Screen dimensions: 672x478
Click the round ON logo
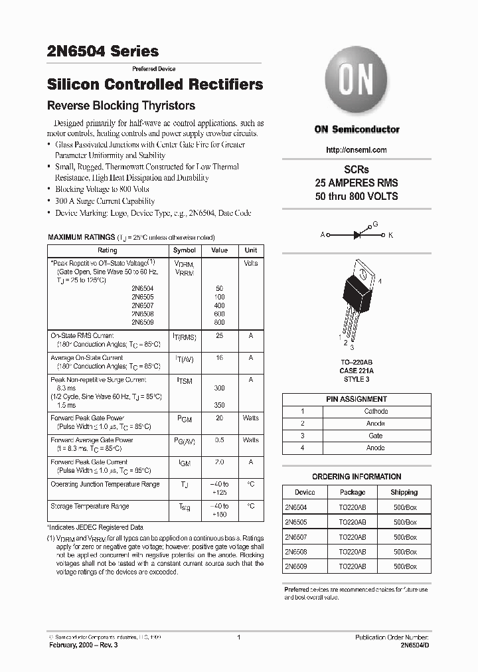[x=357, y=82]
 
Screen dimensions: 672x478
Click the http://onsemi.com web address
[x=357, y=150]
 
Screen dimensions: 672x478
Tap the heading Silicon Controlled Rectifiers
[x=155, y=84]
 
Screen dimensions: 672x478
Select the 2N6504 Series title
[x=103, y=51]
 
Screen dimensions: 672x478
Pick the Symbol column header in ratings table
[x=185, y=250]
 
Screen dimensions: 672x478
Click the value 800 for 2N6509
[x=219, y=322]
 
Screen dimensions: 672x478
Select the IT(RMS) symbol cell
[x=185, y=337]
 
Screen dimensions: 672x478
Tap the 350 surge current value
[x=219, y=404]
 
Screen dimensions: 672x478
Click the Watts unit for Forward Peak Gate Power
[x=250, y=418]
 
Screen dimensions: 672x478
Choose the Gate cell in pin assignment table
[x=376, y=436]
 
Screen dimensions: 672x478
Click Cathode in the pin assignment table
[x=376, y=411]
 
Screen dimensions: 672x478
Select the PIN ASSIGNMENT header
[x=357, y=399]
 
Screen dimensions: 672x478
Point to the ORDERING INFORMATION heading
[x=357, y=477]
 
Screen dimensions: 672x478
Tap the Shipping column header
[x=404, y=492]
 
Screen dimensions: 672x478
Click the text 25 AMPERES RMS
[x=357, y=183]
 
